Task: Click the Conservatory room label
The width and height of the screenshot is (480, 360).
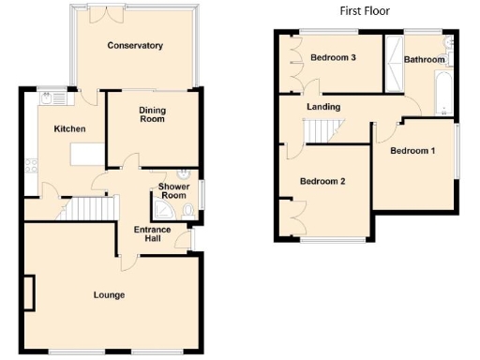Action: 135,45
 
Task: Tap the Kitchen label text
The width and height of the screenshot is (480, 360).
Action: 69,129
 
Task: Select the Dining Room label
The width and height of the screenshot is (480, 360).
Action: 152,115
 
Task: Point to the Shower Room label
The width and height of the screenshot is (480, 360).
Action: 174,191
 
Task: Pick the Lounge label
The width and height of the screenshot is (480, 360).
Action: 109,295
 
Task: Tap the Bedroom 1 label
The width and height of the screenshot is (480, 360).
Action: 412,151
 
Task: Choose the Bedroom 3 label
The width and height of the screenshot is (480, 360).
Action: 334,58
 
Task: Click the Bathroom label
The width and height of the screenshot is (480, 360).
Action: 424,60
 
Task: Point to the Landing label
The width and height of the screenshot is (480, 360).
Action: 323,107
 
